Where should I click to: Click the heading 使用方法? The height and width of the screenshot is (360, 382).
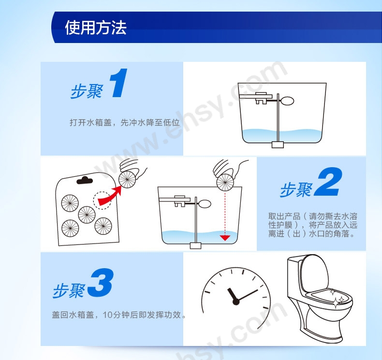point(96,27)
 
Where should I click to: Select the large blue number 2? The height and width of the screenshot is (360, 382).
point(328,182)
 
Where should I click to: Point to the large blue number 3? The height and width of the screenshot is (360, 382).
point(100,283)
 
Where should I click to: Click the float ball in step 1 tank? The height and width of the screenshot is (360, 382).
point(287,101)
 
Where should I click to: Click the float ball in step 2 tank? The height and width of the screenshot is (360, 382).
point(205,204)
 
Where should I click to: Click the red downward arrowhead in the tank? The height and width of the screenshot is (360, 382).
point(225,238)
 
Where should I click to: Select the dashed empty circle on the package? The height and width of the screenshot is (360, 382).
point(102,201)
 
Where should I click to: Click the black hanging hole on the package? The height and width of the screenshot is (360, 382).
point(85,180)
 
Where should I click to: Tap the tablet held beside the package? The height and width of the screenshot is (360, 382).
point(127,180)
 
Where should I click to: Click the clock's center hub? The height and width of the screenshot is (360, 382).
point(236,302)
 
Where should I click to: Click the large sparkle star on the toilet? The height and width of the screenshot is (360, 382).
point(336,303)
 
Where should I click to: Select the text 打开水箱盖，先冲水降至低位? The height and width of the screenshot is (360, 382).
point(125,122)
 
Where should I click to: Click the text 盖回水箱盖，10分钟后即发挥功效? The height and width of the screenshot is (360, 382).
point(118,315)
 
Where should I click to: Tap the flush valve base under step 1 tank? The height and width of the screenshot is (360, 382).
point(278,144)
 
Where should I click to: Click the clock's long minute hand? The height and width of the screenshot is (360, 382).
point(247,296)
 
